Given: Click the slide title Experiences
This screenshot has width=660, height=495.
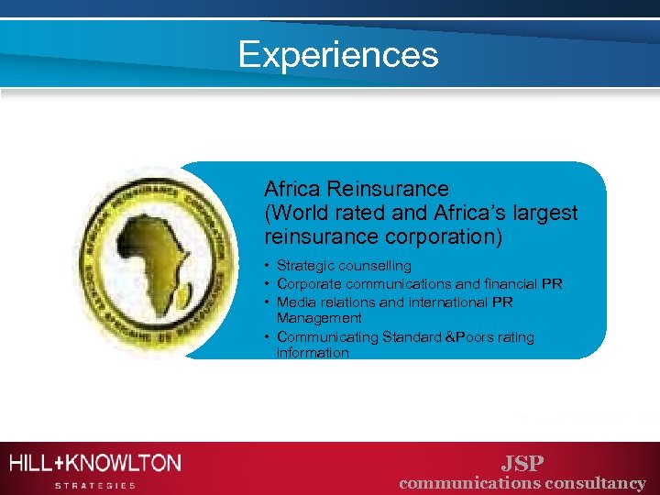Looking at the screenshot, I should coord(338,55).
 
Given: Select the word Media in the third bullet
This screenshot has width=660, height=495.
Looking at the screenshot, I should coord(295,302).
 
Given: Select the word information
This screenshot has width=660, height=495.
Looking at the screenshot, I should coord(313,353).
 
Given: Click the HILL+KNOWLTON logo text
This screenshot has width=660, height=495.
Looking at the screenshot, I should coord(95,463).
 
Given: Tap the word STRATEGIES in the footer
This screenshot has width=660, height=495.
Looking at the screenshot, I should coord(95,485).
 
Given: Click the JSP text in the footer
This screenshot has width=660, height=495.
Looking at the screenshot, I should coord(522,462).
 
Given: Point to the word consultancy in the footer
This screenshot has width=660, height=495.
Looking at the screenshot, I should coord(596,483).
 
